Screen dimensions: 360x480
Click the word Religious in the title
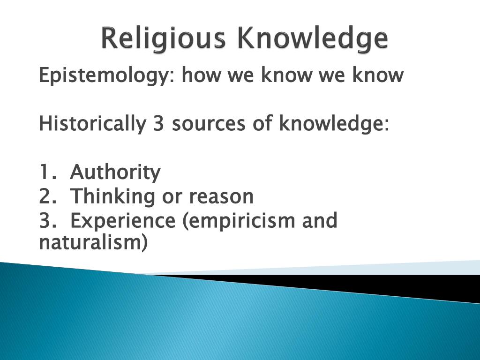164,39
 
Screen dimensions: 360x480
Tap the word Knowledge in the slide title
312,39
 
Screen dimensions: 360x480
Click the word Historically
92,124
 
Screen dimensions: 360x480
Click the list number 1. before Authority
47,172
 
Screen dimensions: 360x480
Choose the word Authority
115,173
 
